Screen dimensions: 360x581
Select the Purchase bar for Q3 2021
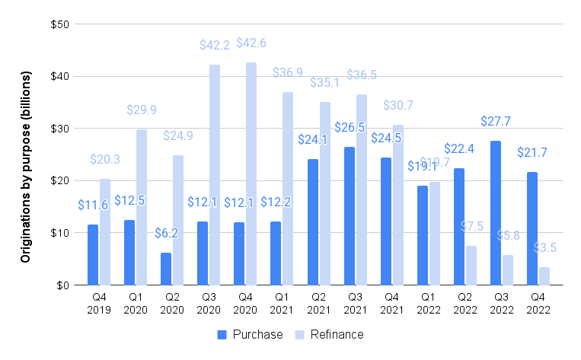point(349,215)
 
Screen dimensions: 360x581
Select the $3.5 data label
point(544,248)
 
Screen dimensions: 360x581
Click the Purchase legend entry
point(251,335)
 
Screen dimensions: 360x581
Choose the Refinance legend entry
point(330,335)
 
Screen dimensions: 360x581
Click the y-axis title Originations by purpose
point(26,167)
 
